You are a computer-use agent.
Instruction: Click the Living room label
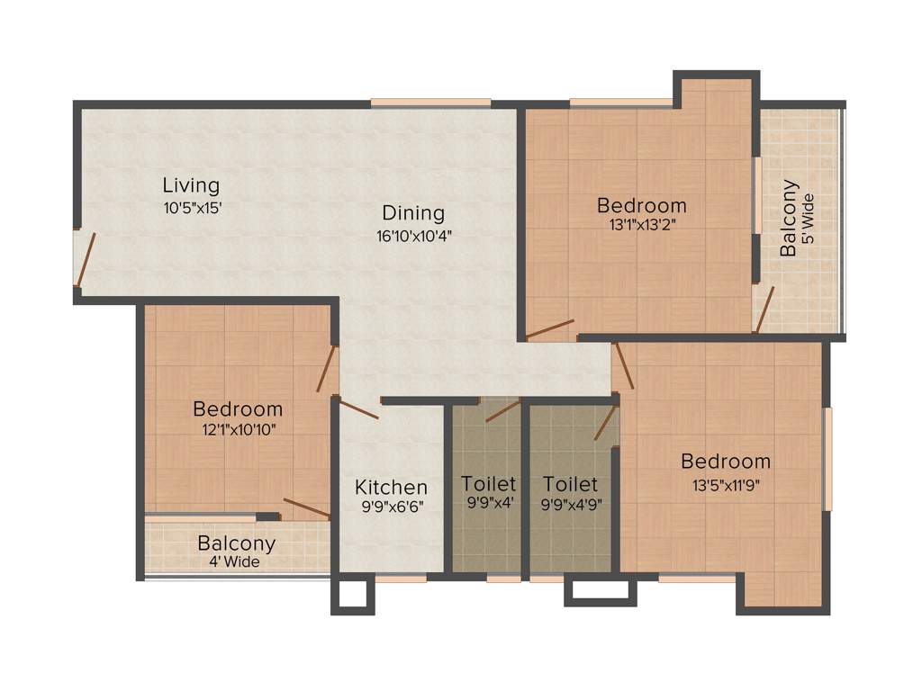click(191, 186)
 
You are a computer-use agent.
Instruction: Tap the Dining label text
click(413, 213)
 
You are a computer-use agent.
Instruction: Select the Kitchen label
click(391, 487)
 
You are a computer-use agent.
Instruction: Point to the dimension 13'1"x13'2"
click(642, 225)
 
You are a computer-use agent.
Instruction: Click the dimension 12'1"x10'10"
click(238, 429)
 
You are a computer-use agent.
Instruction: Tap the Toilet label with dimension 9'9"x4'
click(489, 484)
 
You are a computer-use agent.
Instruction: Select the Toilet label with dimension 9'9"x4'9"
click(571, 484)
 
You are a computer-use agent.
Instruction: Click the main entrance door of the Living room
click(84, 259)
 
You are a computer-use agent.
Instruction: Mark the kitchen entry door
click(357, 408)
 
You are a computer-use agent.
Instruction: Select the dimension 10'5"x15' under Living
click(191, 207)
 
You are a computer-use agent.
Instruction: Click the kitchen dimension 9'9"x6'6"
click(391, 507)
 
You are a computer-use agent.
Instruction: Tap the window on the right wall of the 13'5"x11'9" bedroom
click(827, 458)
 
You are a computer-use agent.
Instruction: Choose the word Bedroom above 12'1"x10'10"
click(238, 409)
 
